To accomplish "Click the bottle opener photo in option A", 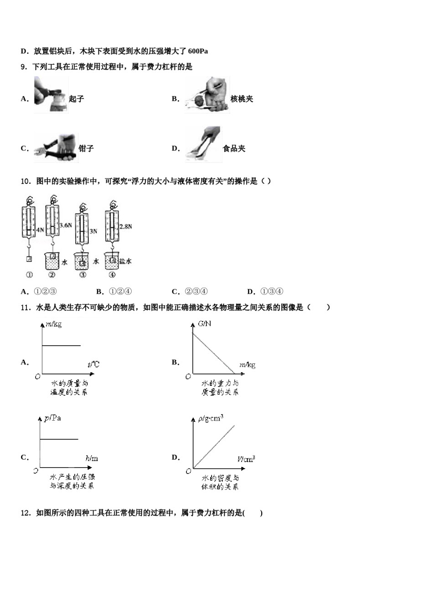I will pos(51,94).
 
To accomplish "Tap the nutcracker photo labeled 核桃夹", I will pos(207,95).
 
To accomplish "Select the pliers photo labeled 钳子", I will pos(55,148).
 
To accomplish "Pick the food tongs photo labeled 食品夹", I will pos(203,144).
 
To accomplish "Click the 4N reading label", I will pos(40,230).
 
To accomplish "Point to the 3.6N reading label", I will pos(66,225).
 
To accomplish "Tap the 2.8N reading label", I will pos(126,226).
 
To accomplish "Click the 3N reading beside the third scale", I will pos(93,231).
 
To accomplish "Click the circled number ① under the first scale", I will pos(29,275).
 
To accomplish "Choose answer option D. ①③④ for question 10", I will pos(265,292).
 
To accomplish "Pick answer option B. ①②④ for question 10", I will pos(114,292).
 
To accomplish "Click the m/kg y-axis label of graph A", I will pos(53,324).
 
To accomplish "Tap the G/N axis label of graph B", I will pos(204,324).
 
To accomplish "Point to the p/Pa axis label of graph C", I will pos(52,418).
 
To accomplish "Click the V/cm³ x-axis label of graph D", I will pos(246,459).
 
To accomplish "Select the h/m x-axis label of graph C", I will pos(92,458).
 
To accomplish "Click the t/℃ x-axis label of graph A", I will pos(93,364).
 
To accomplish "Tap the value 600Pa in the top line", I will pos(198,51).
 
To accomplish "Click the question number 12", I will pos(25,513).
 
